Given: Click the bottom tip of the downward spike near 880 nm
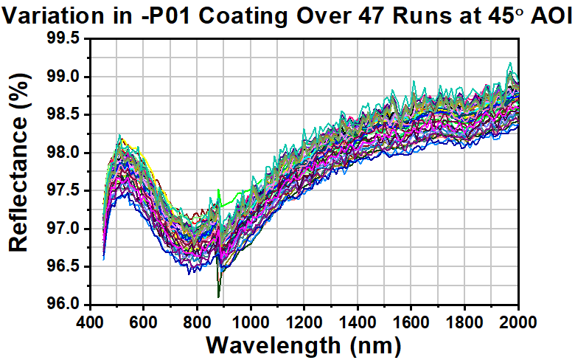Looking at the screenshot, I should pos(218,298).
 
